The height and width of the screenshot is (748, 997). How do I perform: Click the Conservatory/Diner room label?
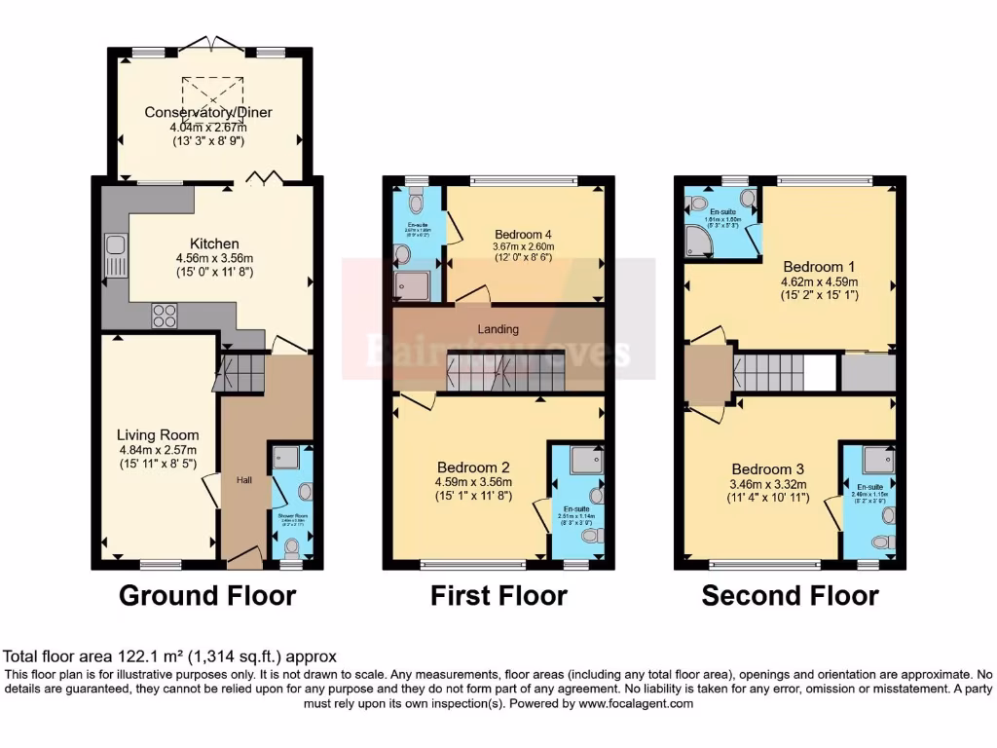pyautogui.click(x=207, y=112)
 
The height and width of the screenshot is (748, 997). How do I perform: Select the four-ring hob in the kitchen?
pyautogui.click(x=164, y=316)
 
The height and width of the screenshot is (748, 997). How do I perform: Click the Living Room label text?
pyautogui.click(x=158, y=435)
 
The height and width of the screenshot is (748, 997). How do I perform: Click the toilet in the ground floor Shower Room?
pyautogui.click(x=291, y=547)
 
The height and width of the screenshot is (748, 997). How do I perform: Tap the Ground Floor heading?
pyautogui.click(x=206, y=595)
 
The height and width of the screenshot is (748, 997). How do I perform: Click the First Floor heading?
pyautogui.click(x=498, y=595)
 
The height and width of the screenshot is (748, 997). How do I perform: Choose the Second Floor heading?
pyautogui.click(x=790, y=595)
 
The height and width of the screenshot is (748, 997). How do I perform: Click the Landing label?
pyautogui.click(x=498, y=329)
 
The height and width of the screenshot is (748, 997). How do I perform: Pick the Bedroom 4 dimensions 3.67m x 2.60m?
pyautogui.click(x=525, y=247)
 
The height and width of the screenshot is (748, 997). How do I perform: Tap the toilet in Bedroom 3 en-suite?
pyautogui.click(x=882, y=542)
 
